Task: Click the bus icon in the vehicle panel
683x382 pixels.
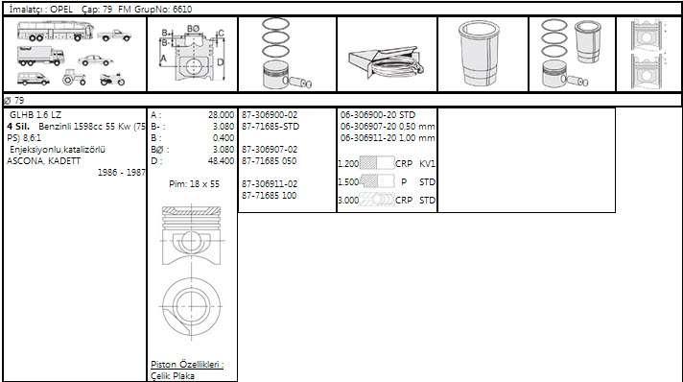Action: point(56,31)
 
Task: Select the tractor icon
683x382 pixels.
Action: point(74,78)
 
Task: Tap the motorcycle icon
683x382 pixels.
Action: point(112,79)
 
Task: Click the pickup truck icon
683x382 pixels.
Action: point(114,36)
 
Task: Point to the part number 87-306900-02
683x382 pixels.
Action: point(270,115)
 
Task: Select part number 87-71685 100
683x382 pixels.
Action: point(270,196)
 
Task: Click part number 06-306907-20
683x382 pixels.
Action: point(368,127)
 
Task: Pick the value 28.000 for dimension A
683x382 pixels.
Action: point(221,115)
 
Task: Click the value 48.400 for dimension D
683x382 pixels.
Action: point(221,161)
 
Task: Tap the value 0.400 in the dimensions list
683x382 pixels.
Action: point(224,138)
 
